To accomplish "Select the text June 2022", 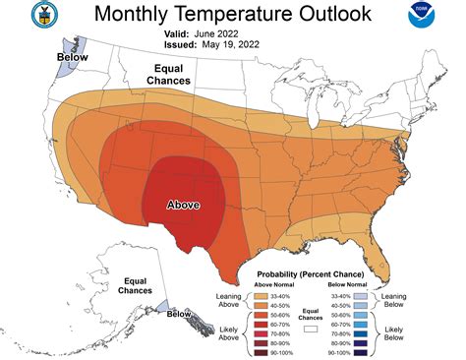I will [x=235, y=32].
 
